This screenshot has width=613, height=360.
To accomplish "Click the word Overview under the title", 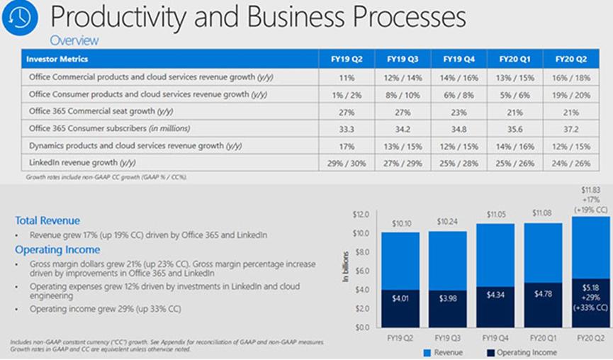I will click(x=74, y=40).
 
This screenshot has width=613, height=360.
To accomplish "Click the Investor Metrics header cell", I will click(x=57, y=59).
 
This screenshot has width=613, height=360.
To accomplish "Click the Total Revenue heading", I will click(x=47, y=220).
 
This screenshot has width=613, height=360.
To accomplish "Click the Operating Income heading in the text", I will click(x=57, y=249).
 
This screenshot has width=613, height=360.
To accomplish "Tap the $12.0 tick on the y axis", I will click(x=361, y=214).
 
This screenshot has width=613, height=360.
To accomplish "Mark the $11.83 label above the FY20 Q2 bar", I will click(x=592, y=191).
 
